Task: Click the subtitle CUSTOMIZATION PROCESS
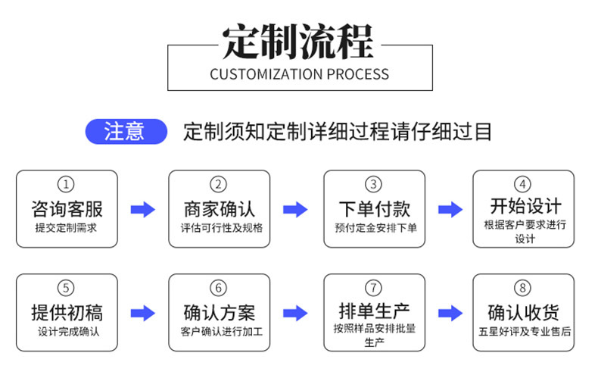299,74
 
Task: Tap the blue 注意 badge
125,132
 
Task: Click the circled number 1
67,185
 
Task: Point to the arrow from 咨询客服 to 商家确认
142,210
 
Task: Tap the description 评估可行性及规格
219,227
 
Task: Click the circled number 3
374,185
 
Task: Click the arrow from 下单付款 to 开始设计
450,210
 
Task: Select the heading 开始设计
525,205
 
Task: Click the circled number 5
67,289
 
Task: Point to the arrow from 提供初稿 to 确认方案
142,313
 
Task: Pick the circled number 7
374,288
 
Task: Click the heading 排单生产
374,310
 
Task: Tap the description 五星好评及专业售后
524,331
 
